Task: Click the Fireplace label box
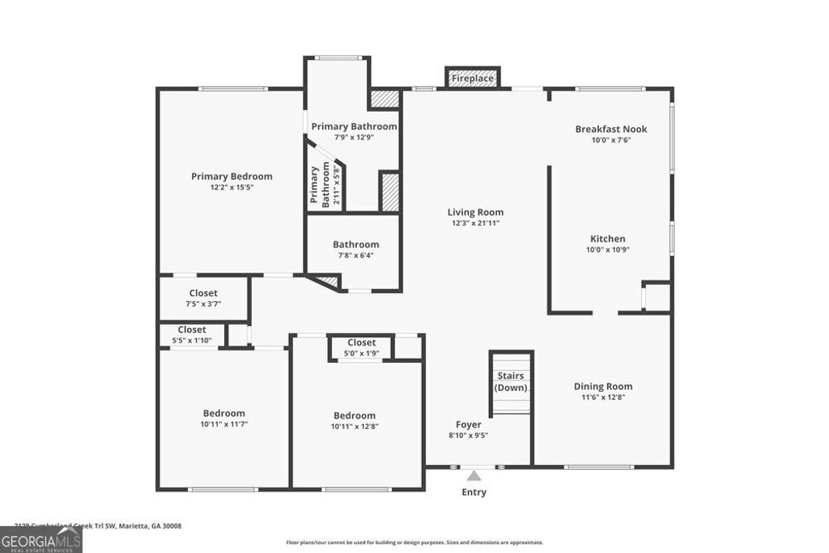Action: pyautogui.click(x=473, y=79)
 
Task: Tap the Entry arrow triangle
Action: pyautogui.click(x=474, y=476)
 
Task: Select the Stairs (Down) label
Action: pyautogui.click(x=511, y=381)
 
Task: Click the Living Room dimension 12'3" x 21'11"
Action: pyautogui.click(x=475, y=223)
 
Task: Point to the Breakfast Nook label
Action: pyautogui.click(x=611, y=129)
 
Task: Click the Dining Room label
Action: pyautogui.click(x=603, y=386)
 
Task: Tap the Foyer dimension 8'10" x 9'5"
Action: pyautogui.click(x=468, y=435)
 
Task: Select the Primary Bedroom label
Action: pyautogui.click(x=232, y=176)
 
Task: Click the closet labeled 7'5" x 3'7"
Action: pyautogui.click(x=203, y=304)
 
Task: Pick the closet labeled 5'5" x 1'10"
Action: pyautogui.click(x=192, y=340)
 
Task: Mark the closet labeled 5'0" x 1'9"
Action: pyautogui.click(x=361, y=353)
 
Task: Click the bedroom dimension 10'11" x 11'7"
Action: pyautogui.click(x=223, y=423)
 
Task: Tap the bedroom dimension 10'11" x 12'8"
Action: pyautogui.click(x=355, y=427)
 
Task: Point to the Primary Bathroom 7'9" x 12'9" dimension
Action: pyautogui.click(x=354, y=137)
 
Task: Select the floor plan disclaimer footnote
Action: pyautogui.click(x=414, y=542)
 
